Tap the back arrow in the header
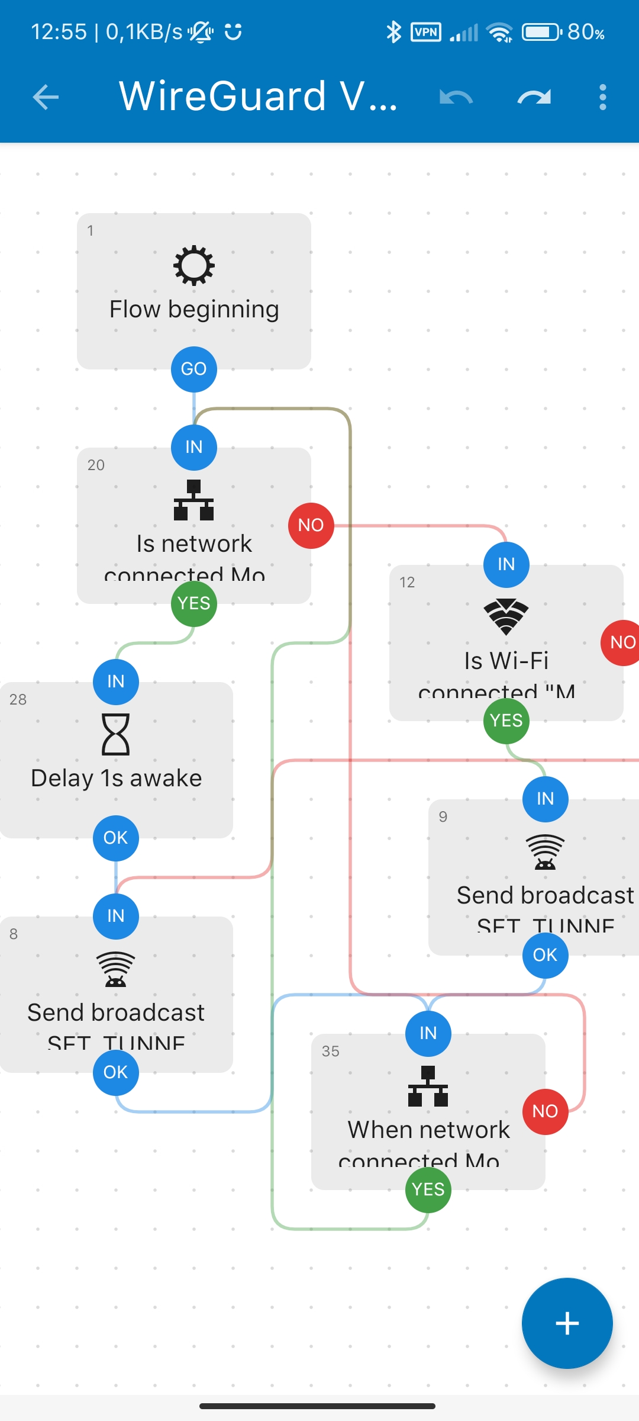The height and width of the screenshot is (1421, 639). (x=46, y=97)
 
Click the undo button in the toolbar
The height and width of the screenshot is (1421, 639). (x=456, y=97)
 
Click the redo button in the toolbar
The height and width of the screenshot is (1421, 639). (x=534, y=97)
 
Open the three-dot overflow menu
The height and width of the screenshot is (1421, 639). (x=602, y=97)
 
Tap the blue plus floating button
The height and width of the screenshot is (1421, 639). (x=567, y=1323)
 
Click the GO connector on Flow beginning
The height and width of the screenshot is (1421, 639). (x=194, y=369)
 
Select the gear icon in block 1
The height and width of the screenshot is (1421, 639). (x=194, y=265)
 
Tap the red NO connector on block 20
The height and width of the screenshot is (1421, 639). (x=311, y=525)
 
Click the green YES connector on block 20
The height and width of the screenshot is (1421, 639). (x=194, y=603)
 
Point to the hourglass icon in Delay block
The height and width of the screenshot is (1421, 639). (x=116, y=734)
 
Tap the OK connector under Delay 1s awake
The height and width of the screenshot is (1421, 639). (x=116, y=838)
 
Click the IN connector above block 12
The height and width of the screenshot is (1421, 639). (x=506, y=564)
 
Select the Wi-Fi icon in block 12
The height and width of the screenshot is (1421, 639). (x=506, y=616)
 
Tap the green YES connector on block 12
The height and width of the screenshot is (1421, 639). (x=506, y=721)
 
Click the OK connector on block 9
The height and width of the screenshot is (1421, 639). (x=545, y=955)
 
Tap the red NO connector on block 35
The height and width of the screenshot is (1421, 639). (x=545, y=1111)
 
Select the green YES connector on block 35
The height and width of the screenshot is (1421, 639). (x=428, y=1189)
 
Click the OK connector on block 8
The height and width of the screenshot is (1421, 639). (x=116, y=1072)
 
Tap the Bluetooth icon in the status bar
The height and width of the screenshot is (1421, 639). (x=393, y=32)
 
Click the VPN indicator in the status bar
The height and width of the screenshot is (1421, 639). (x=426, y=32)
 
